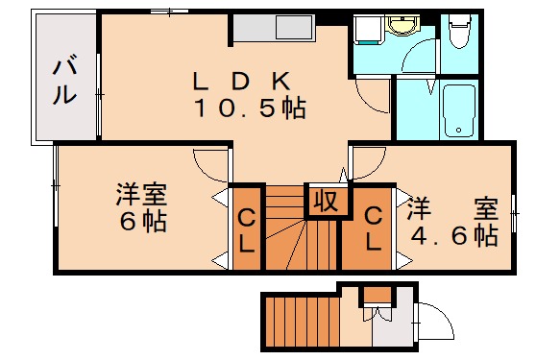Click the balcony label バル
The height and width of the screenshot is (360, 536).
64,82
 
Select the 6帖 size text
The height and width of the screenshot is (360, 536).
141,223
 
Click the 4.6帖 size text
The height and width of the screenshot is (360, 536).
454,234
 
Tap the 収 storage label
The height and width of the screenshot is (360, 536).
323,202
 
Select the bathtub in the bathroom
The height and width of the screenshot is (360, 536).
460,111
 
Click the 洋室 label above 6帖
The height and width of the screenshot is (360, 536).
141,194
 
